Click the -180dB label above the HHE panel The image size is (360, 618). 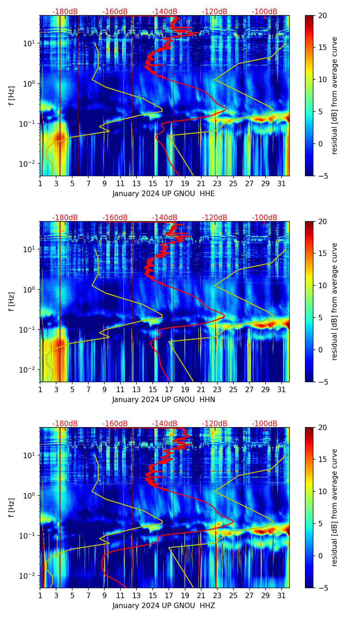coord(65,12)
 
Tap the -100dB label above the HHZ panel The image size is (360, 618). coord(265,424)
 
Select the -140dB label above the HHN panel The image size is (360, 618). coord(165,218)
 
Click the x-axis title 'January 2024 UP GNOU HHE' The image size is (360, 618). coord(164,194)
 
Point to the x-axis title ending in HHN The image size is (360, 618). coord(164,400)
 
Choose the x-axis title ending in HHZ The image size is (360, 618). coord(164,606)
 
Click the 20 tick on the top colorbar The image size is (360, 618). coord(322,15)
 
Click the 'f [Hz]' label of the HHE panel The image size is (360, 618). coord(12,96)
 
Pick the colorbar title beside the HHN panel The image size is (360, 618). coord(335,301)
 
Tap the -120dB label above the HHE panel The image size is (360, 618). coord(215,12)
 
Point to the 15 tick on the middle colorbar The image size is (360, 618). coord(322,254)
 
